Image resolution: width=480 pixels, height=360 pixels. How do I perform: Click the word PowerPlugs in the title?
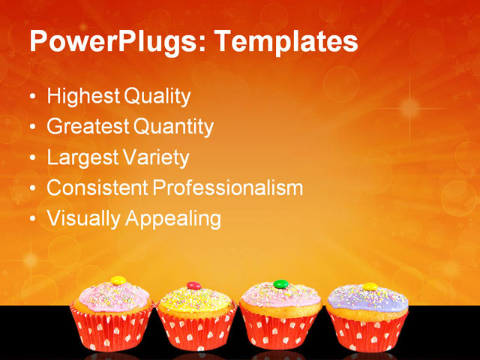pos(112,42)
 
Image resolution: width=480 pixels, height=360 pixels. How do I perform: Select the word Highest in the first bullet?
pos(82,97)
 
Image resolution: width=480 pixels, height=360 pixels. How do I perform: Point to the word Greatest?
pos(88,127)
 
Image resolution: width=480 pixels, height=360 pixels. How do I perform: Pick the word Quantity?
pos(173,127)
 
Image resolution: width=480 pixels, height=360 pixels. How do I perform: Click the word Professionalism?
pos(227,188)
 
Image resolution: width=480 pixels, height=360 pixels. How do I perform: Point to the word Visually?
pos(83,219)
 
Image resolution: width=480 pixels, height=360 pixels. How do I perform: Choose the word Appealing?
pos(173,219)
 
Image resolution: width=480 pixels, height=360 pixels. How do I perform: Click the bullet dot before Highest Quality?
pos(31,98)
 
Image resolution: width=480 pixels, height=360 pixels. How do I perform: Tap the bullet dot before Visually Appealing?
pos(31,220)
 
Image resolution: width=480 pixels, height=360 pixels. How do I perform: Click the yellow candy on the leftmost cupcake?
pos(118,280)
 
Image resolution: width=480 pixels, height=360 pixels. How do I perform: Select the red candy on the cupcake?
pos(193,286)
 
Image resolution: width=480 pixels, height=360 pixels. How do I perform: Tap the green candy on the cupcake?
pos(280,284)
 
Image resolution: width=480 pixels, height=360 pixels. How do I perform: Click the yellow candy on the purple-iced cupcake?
pos(370,286)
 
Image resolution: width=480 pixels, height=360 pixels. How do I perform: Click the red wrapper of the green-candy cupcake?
pos(280,331)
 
